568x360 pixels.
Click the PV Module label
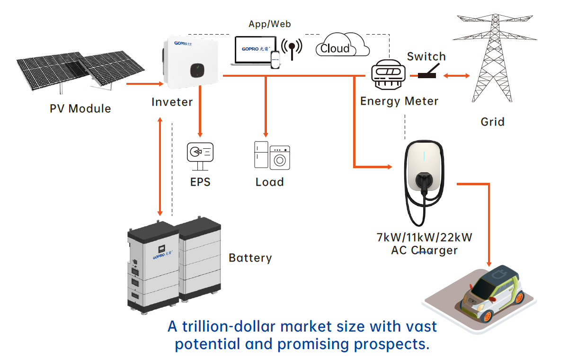pos(80,108)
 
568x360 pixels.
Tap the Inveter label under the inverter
pos(172,102)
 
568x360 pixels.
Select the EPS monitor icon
pos(200,154)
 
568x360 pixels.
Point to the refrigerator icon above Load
pos(261,154)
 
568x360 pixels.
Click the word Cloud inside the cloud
pos(335,48)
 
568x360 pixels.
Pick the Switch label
pos(426,57)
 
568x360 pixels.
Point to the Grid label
pos(492,122)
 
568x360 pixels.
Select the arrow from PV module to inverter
pos(144,84)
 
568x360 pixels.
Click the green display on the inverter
pos(195,71)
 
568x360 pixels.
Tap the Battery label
pos(250,258)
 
